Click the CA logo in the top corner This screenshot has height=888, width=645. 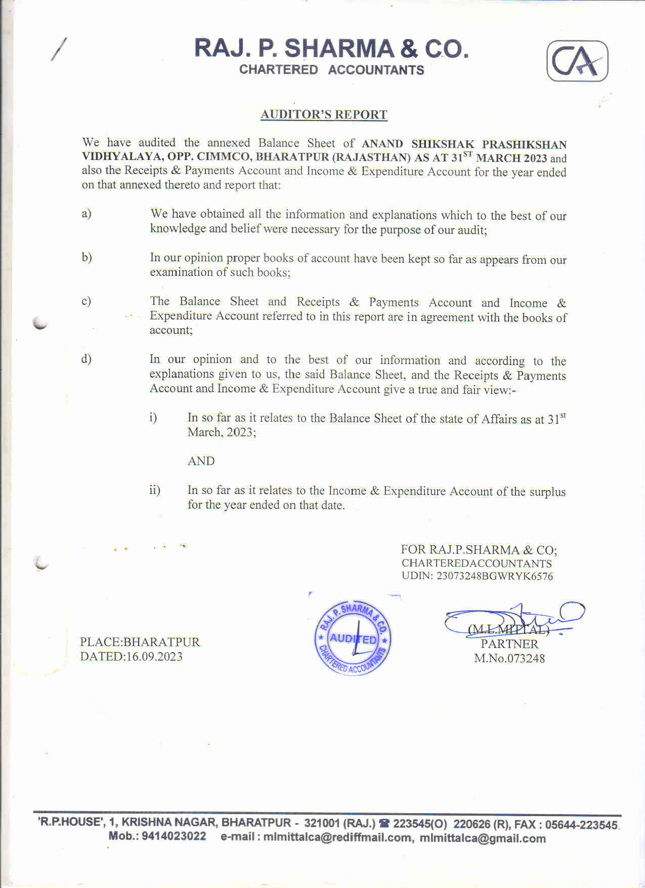pyautogui.click(x=577, y=61)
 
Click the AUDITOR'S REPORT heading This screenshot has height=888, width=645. pyautogui.click(x=324, y=114)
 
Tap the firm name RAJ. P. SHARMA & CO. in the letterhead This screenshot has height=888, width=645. pyautogui.click(x=331, y=49)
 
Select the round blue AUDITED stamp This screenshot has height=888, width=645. pyautogui.click(x=353, y=638)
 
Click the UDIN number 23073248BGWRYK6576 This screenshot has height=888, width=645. pyautogui.click(x=495, y=576)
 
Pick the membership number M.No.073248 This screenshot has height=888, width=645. pyautogui.click(x=509, y=658)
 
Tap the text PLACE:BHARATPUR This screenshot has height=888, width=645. pyautogui.click(x=140, y=642)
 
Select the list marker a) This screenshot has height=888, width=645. pyautogui.click(x=87, y=214)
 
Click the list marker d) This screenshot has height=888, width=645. pyautogui.click(x=87, y=359)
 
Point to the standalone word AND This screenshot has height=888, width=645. pyautogui.click(x=201, y=461)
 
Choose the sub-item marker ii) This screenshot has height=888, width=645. pyautogui.click(x=154, y=490)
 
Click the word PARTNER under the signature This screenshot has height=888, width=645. pyautogui.click(x=509, y=644)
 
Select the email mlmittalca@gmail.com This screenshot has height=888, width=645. pyautogui.click(x=483, y=838)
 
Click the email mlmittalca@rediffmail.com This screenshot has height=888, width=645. pyautogui.click(x=337, y=837)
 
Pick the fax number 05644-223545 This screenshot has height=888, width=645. pyautogui.click(x=581, y=825)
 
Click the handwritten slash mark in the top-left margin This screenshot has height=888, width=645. pyautogui.click(x=58, y=50)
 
